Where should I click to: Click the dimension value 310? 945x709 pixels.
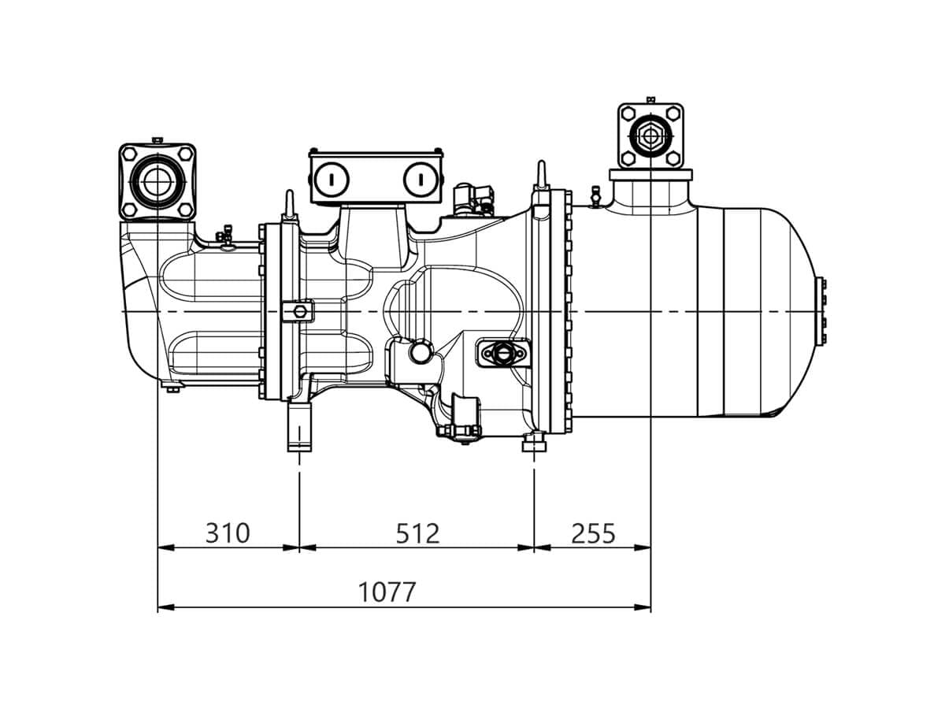pos(228,533)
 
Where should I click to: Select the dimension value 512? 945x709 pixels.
pos(417,533)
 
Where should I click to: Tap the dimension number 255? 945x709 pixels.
pos(593,533)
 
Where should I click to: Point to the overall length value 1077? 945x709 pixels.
pos(387,592)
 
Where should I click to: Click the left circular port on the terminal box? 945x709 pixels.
pos(331,179)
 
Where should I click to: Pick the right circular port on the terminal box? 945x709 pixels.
pos(421,179)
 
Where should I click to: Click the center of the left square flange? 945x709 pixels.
pos(157,182)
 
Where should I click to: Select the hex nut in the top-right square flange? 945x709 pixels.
pos(650,135)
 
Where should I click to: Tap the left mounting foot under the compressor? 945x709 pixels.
pos(299,427)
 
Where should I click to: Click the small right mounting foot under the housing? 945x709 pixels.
pos(534,442)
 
